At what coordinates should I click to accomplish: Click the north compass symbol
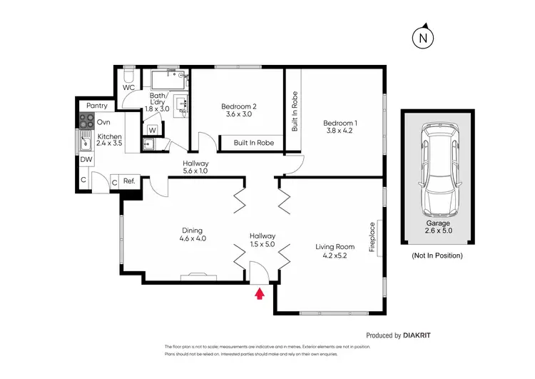424,36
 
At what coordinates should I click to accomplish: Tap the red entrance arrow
260,291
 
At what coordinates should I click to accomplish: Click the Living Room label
335,252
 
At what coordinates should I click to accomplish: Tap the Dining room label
192,235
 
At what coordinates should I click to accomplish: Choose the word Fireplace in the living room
372,239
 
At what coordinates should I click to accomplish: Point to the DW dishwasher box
86,160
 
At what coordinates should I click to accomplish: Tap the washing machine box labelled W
153,130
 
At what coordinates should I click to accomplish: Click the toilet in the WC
129,75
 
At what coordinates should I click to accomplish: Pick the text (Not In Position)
437,255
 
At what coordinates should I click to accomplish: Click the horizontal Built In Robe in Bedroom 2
255,143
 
